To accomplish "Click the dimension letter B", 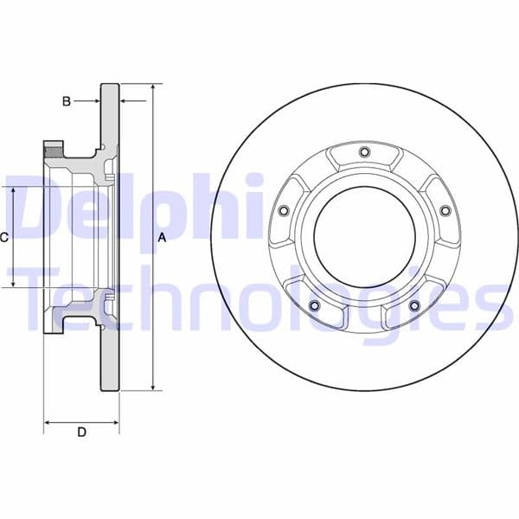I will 66,101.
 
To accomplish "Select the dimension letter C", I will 4,236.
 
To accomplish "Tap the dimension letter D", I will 81,432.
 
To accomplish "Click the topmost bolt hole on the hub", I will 364,153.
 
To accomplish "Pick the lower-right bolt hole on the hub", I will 414,305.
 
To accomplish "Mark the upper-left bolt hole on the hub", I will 283,210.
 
